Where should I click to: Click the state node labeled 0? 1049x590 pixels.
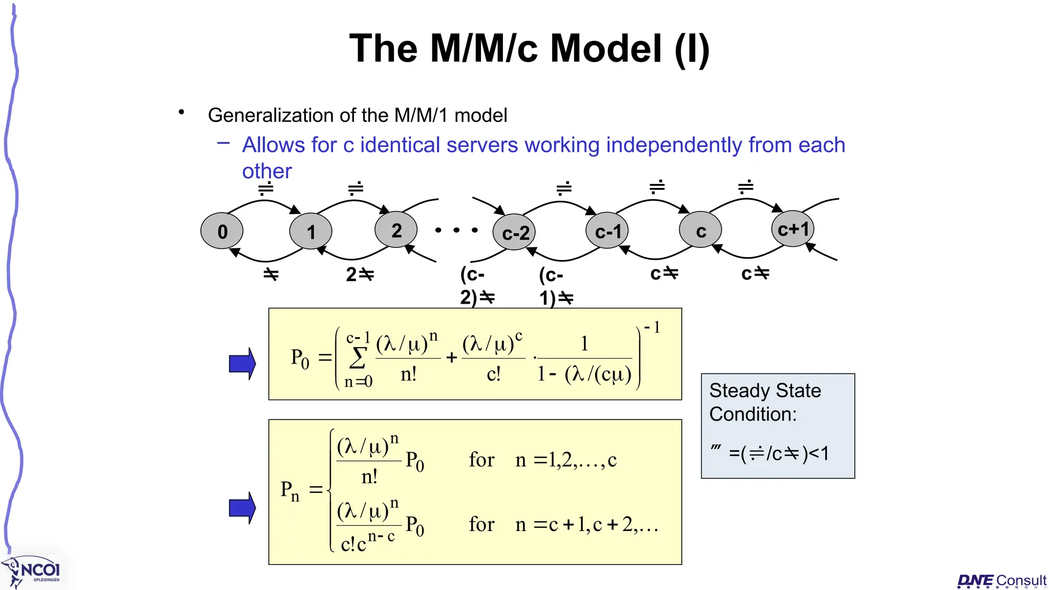(222, 231)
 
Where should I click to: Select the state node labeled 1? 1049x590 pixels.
(310, 231)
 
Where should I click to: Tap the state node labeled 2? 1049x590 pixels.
(396, 230)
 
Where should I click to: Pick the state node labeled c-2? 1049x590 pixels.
(514, 233)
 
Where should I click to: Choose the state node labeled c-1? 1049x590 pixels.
(607, 231)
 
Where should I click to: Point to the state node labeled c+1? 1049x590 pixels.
(793, 228)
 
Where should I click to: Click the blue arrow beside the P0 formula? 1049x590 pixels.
(242, 364)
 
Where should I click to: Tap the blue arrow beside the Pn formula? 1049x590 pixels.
(242, 508)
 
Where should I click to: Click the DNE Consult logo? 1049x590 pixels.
(1001, 580)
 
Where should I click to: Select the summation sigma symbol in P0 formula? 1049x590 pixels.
(358, 357)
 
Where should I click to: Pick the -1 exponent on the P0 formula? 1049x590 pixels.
(652, 327)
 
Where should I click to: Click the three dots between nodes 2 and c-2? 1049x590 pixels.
(456, 230)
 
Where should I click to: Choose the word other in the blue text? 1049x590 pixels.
(267, 171)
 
